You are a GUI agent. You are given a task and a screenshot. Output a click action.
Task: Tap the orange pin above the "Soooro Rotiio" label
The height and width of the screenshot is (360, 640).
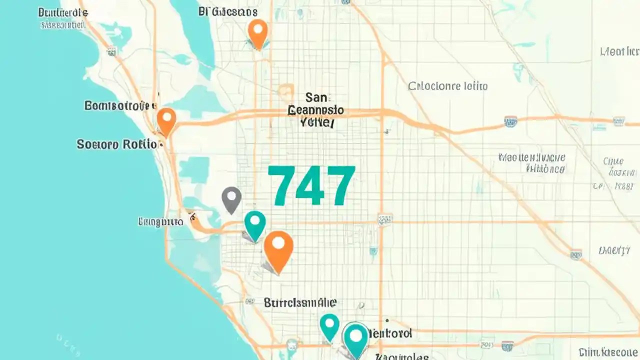click(166, 120)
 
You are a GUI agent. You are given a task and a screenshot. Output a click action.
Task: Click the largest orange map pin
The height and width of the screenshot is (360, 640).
click(278, 248)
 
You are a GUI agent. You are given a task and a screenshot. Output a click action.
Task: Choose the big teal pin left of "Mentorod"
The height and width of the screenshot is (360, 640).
click(355, 337)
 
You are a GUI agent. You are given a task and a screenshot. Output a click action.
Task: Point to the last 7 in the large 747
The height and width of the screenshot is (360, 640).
click(339, 185)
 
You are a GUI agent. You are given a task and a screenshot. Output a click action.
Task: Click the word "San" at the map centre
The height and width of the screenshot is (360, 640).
click(315, 97)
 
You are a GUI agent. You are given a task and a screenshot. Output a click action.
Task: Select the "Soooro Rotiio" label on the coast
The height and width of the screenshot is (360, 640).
click(117, 144)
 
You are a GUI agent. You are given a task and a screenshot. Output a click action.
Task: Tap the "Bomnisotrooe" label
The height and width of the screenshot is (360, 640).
click(117, 105)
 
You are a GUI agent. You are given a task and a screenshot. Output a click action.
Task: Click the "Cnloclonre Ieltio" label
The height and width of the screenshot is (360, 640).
click(447, 86)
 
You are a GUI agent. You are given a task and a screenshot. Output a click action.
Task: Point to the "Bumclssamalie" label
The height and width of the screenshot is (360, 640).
click(300, 302)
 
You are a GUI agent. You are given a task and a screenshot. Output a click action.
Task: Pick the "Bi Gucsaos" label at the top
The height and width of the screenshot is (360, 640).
click(227, 11)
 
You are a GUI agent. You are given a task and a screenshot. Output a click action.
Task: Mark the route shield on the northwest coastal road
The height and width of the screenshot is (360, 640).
click(111, 51)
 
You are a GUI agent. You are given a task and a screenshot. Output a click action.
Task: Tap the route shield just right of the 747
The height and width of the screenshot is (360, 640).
click(385, 219)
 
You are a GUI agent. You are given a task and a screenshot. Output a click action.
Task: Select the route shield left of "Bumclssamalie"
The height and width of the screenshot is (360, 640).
click(249, 301)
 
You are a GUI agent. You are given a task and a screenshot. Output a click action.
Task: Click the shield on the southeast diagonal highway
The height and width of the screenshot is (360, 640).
click(575, 254)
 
